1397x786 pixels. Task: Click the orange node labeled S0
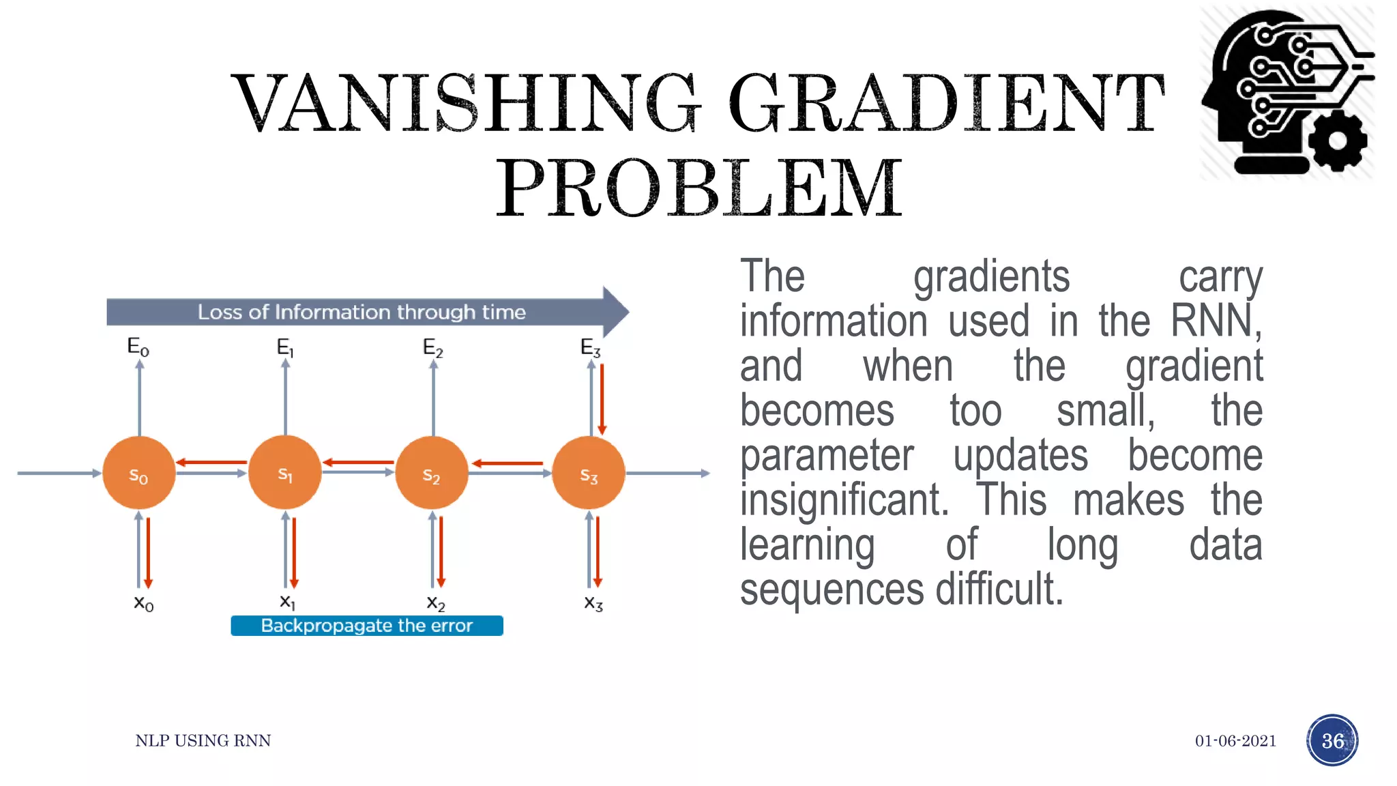click(139, 473)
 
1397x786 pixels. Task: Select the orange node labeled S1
click(285, 473)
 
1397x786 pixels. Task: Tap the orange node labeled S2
click(432, 473)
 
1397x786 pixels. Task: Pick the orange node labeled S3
click(589, 473)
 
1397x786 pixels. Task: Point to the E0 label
click(138, 347)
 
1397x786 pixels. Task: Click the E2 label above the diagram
click(433, 348)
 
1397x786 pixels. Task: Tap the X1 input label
click(288, 602)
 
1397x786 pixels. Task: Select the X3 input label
click(593, 603)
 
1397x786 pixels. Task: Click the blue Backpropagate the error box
click(367, 626)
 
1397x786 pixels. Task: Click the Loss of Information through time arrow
click(362, 312)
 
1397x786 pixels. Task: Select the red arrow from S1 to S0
click(211, 463)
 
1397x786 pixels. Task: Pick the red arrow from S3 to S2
click(508, 463)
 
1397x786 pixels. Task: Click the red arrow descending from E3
click(602, 399)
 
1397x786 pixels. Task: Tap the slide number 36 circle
click(1332, 740)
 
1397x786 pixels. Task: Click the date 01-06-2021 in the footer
click(1235, 741)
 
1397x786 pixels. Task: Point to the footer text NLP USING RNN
click(203, 741)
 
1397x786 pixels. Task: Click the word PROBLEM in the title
click(699, 188)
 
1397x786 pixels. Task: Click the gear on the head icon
click(1337, 141)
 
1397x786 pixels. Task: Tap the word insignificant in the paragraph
click(844, 500)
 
